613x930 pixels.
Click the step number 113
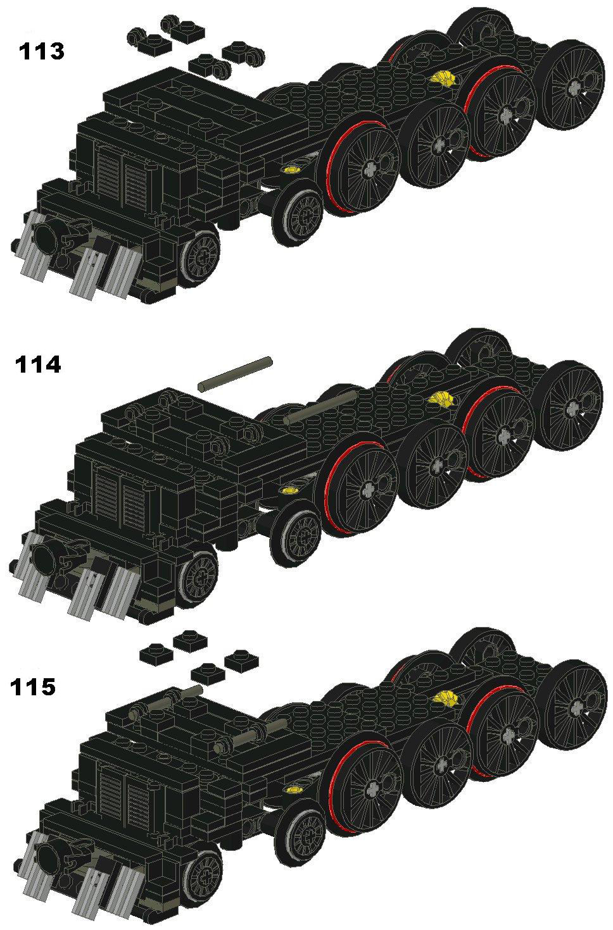tap(41, 51)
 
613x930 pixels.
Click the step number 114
tap(38, 365)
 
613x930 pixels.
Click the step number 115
tap(32, 686)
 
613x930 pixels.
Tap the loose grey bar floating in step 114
tap(235, 374)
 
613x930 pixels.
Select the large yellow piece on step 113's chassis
tap(443, 78)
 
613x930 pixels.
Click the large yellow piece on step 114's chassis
tap(441, 399)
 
